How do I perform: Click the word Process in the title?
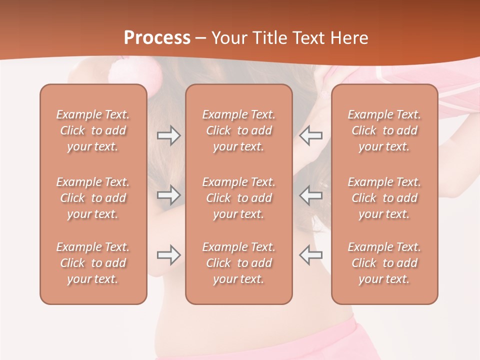(157, 38)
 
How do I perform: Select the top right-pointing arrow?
(168, 135)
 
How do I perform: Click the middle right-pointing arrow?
(168, 194)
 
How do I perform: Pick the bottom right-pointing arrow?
(168, 255)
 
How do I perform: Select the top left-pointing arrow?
(311, 135)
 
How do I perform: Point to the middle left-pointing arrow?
(311, 194)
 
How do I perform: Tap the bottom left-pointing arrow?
(311, 255)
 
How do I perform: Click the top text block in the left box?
(93, 130)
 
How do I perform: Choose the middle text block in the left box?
(93, 198)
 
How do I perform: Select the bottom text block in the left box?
(93, 263)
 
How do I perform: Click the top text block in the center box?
(239, 130)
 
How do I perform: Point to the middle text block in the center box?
(239, 198)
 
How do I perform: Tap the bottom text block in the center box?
(239, 263)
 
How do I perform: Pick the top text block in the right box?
(384, 130)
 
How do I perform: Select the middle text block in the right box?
(384, 198)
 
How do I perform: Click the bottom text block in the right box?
(384, 263)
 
